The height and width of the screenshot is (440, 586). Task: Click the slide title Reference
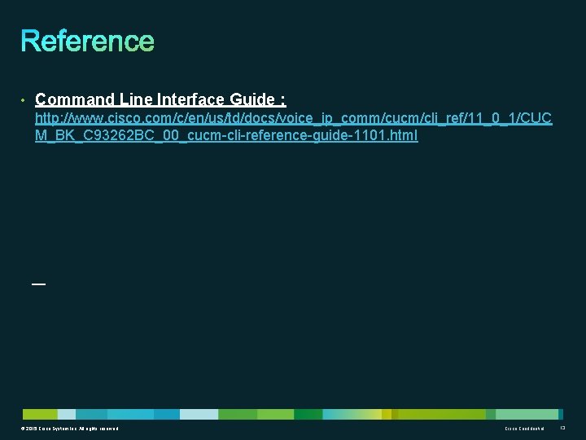87,41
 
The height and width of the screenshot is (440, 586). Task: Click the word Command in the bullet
75,99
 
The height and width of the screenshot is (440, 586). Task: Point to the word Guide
252,99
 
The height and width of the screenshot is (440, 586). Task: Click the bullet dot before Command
24,100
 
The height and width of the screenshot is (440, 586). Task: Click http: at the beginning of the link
48,119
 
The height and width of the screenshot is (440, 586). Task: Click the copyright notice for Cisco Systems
71,429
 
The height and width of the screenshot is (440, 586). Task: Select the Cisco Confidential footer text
524,429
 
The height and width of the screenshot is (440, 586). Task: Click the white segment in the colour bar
199,414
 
